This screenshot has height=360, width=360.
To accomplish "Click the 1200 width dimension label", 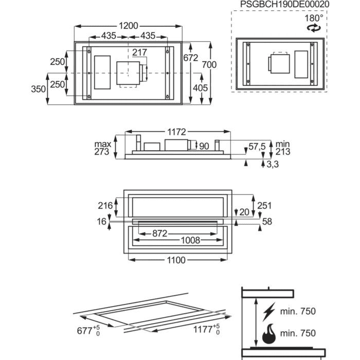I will tap(129, 25).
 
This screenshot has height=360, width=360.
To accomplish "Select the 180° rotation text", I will tap(314, 17).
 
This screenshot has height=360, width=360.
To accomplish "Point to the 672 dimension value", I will tap(190, 58).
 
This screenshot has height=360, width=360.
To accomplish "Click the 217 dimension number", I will tap(139, 52).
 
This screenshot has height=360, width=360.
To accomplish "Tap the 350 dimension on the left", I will tap(38, 89).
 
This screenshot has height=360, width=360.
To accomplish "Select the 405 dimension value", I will tap(200, 88).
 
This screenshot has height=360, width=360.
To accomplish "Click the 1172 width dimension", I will tap(174, 132).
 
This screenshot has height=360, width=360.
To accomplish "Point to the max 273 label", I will tap(102, 148).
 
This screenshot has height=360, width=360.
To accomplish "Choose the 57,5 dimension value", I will tap(257, 147).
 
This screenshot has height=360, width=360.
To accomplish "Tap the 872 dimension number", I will tap(160, 233).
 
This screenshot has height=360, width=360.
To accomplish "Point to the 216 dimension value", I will tap(105, 206).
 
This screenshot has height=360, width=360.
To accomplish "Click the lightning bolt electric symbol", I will tap(269, 312).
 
